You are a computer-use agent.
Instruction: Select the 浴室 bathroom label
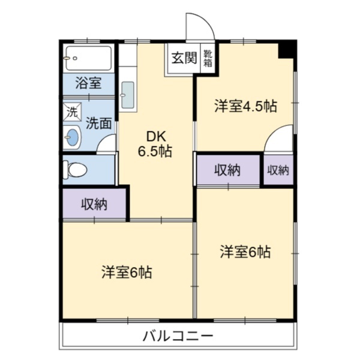(88, 83)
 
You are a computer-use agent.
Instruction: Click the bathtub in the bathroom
(89, 58)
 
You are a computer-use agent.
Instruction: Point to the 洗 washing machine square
(72, 112)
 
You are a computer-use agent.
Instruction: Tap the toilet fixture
(77, 169)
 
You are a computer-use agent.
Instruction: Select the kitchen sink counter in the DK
(127, 95)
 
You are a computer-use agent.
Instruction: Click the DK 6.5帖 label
(155, 143)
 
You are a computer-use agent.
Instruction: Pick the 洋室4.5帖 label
(246, 107)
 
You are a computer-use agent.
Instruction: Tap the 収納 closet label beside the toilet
(94, 204)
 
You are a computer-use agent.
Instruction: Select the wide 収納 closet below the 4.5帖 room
(227, 170)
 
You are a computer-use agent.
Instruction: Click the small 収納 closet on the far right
(278, 170)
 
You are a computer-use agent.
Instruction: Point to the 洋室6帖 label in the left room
(126, 272)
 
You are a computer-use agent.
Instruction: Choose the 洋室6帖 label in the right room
(245, 252)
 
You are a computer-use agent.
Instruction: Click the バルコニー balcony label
(178, 336)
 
